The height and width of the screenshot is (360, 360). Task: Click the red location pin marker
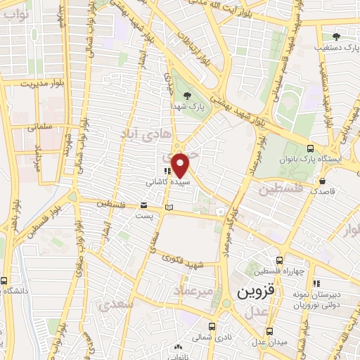(181, 165)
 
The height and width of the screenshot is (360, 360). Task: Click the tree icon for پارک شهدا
(185, 96)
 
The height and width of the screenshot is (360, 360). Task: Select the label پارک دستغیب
(336, 46)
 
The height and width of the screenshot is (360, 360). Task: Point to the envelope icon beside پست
(144, 206)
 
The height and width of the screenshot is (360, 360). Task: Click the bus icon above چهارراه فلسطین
(279, 259)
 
